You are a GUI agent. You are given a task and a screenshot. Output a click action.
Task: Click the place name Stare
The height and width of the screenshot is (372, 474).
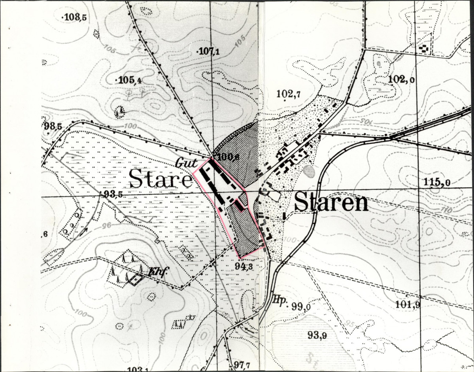tap(161, 179)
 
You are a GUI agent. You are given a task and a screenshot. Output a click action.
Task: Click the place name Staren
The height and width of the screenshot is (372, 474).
tap(331, 203)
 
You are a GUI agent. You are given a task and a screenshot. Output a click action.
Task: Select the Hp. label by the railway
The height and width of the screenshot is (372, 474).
tap(279, 299)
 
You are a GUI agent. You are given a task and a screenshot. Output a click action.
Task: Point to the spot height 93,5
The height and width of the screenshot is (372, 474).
tap(113, 194)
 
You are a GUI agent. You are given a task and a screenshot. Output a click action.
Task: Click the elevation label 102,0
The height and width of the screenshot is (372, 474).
tap(402, 79)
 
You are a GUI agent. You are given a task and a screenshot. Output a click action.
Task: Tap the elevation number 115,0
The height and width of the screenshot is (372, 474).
tap(437, 183)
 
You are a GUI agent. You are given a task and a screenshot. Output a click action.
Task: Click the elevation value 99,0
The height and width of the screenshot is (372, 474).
tap(301, 306)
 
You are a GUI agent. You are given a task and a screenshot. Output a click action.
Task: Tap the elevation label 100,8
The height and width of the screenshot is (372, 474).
tap(229, 157)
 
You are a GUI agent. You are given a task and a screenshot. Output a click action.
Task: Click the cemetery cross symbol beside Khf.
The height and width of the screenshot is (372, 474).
tap(136, 279)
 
